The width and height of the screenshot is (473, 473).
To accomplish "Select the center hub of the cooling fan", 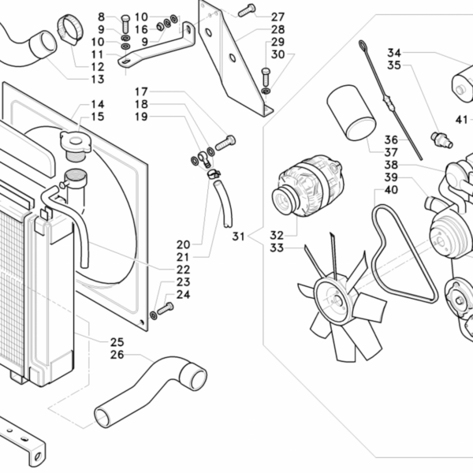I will [332, 299].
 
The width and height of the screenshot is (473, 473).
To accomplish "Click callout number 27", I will [277, 17].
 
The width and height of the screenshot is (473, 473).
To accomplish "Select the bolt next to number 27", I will [246, 9].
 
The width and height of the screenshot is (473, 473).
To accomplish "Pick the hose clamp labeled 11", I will [70, 32].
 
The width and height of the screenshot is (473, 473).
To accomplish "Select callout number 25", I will [117, 342].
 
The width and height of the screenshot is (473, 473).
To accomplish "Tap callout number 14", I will [97, 104].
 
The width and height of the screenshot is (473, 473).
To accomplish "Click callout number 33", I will [276, 248].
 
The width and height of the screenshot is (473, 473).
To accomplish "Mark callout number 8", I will [101, 17].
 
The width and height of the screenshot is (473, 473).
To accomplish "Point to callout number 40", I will [391, 189].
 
